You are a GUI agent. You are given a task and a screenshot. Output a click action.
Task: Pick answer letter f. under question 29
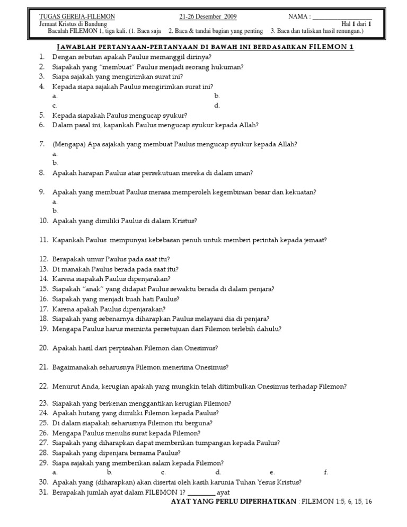(x=326, y=472)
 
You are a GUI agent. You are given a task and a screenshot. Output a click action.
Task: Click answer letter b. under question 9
(x=55, y=210)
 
